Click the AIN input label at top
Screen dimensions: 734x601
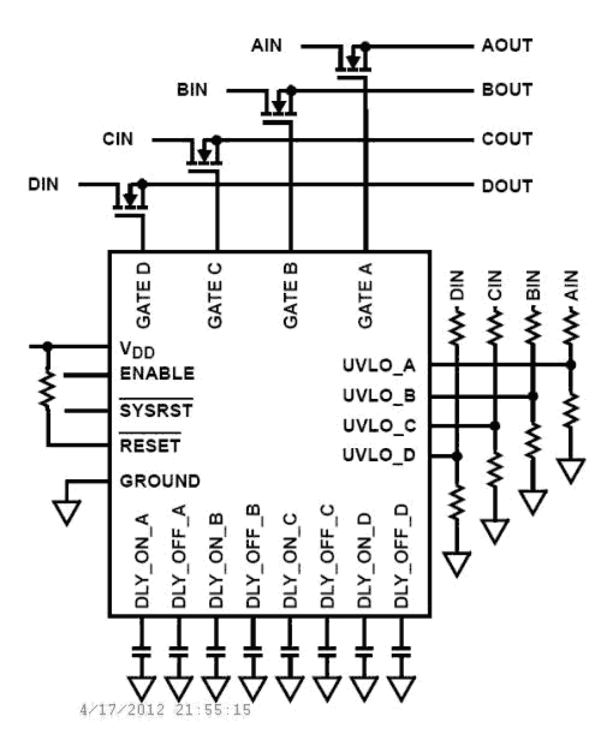[x=267, y=45]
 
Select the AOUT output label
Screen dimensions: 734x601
[x=507, y=45]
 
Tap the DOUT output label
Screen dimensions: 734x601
[x=507, y=186]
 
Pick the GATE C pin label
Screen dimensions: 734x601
[x=215, y=296]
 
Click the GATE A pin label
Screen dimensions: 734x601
[x=365, y=296]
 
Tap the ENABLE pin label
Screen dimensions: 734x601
[x=157, y=373]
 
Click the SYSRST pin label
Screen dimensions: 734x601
[x=156, y=410]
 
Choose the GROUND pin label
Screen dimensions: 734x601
[x=160, y=481]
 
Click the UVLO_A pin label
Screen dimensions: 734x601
[x=379, y=365]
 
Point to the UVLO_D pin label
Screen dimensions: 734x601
[x=379, y=455]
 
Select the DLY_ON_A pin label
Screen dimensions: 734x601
[x=142, y=560]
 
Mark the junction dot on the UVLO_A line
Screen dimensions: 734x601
[x=570, y=365]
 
